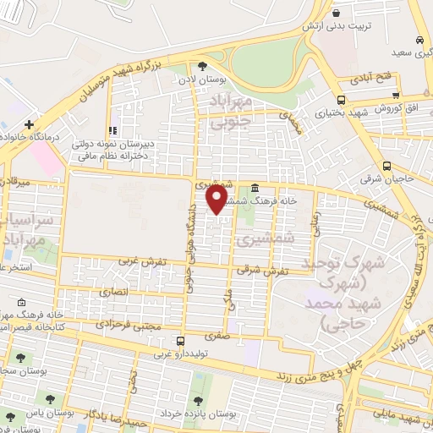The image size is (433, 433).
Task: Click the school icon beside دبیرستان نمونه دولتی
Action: click(x=112, y=130)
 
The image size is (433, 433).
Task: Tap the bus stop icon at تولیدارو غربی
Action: click(x=154, y=342)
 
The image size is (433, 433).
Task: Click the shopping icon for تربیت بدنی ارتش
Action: click(x=337, y=13)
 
